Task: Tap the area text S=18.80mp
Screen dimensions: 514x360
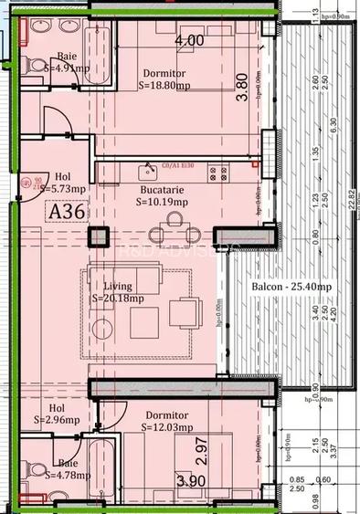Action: pyautogui.click(x=164, y=89)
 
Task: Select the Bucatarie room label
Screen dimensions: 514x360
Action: pyautogui.click(x=161, y=189)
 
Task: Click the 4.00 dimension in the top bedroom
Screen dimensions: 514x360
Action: pyautogui.click(x=189, y=41)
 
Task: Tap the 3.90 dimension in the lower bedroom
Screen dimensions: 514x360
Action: pyautogui.click(x=190, y=480)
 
